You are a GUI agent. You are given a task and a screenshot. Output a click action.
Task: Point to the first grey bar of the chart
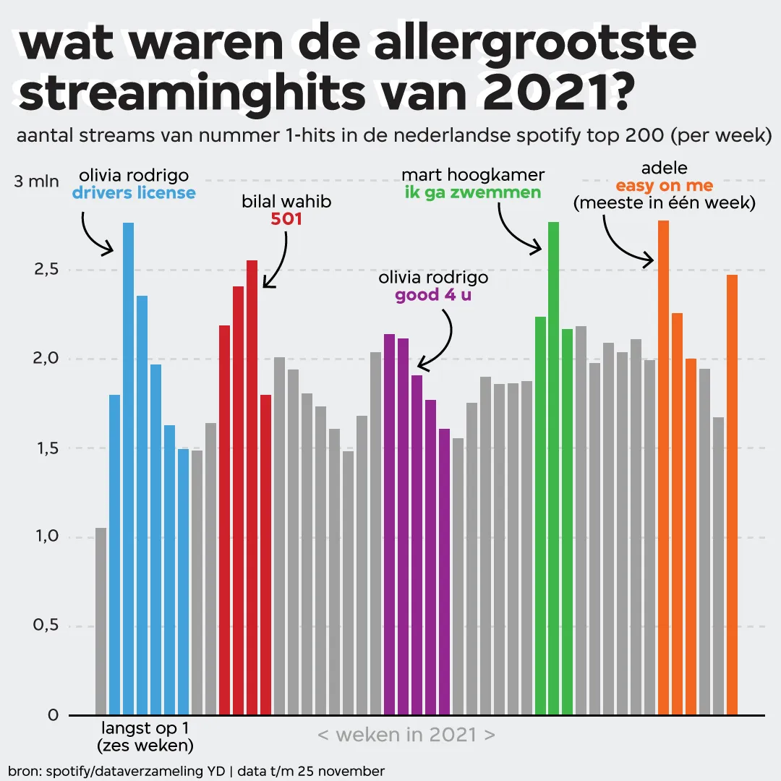pos(101,621)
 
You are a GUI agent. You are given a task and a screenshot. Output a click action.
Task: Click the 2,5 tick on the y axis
pos(43,270)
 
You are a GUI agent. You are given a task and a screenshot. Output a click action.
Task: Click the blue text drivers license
pos(134,193)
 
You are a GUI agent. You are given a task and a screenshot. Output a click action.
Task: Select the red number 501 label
pos(286,218)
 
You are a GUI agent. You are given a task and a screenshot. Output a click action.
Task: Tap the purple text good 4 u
pos(433,295)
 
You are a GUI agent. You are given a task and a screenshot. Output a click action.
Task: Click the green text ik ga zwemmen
pos(473,192)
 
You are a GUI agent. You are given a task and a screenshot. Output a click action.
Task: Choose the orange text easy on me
pos(664,187)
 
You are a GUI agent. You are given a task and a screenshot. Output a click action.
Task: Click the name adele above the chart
pos(664,169)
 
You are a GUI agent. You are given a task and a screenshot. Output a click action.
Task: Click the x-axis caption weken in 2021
pos(406,735)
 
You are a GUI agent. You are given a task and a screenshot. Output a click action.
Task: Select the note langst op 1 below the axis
pos(145,727)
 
